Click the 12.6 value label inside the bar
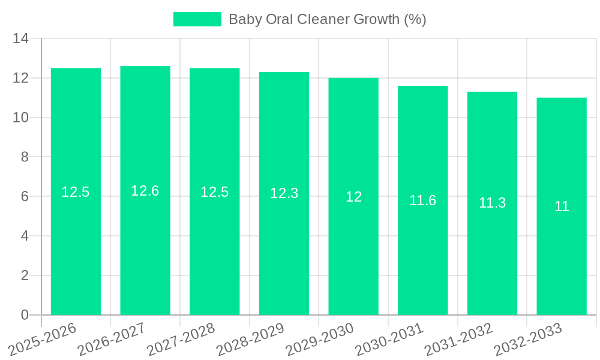(145, 191)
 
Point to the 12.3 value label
(284, 193)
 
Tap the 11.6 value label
(422, 200)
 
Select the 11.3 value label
(492, 203)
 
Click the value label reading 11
(562, 206)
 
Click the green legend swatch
(197, 19)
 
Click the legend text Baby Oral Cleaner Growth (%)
(328, 19)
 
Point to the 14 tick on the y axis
(21, 39)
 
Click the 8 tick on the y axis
(25, 157)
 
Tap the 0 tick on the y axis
(25, 315)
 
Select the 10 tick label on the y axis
(21, 118)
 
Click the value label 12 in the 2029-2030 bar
(353, 197)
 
